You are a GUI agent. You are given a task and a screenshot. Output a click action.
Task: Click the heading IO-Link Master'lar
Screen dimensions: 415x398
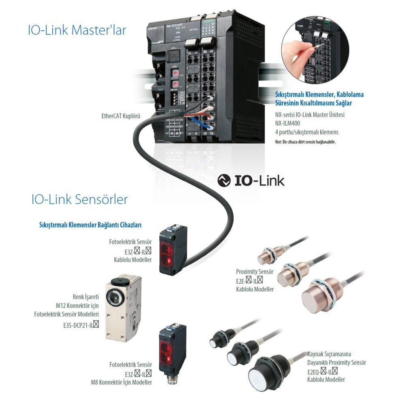coord(77,30)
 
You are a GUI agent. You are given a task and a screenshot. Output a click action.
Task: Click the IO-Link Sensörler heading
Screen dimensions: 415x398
coord(79,199)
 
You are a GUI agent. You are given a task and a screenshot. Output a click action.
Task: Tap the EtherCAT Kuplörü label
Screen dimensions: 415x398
coord(121,116)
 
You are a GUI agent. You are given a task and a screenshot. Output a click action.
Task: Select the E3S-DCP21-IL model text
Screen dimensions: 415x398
coord(79,324)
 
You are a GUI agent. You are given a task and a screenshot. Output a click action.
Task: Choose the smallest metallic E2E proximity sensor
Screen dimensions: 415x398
coord(266,257)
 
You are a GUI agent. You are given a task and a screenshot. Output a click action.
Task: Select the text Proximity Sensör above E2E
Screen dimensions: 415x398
coord(255,272)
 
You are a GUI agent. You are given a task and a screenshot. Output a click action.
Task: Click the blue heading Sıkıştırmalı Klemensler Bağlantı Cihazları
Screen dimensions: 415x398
coord(90,224)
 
